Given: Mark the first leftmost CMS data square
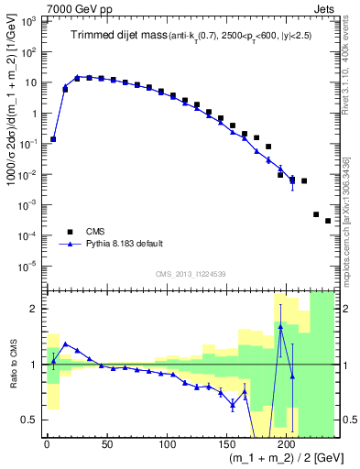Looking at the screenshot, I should coord(53,139).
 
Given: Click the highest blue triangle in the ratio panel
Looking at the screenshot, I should coord(280,327).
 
